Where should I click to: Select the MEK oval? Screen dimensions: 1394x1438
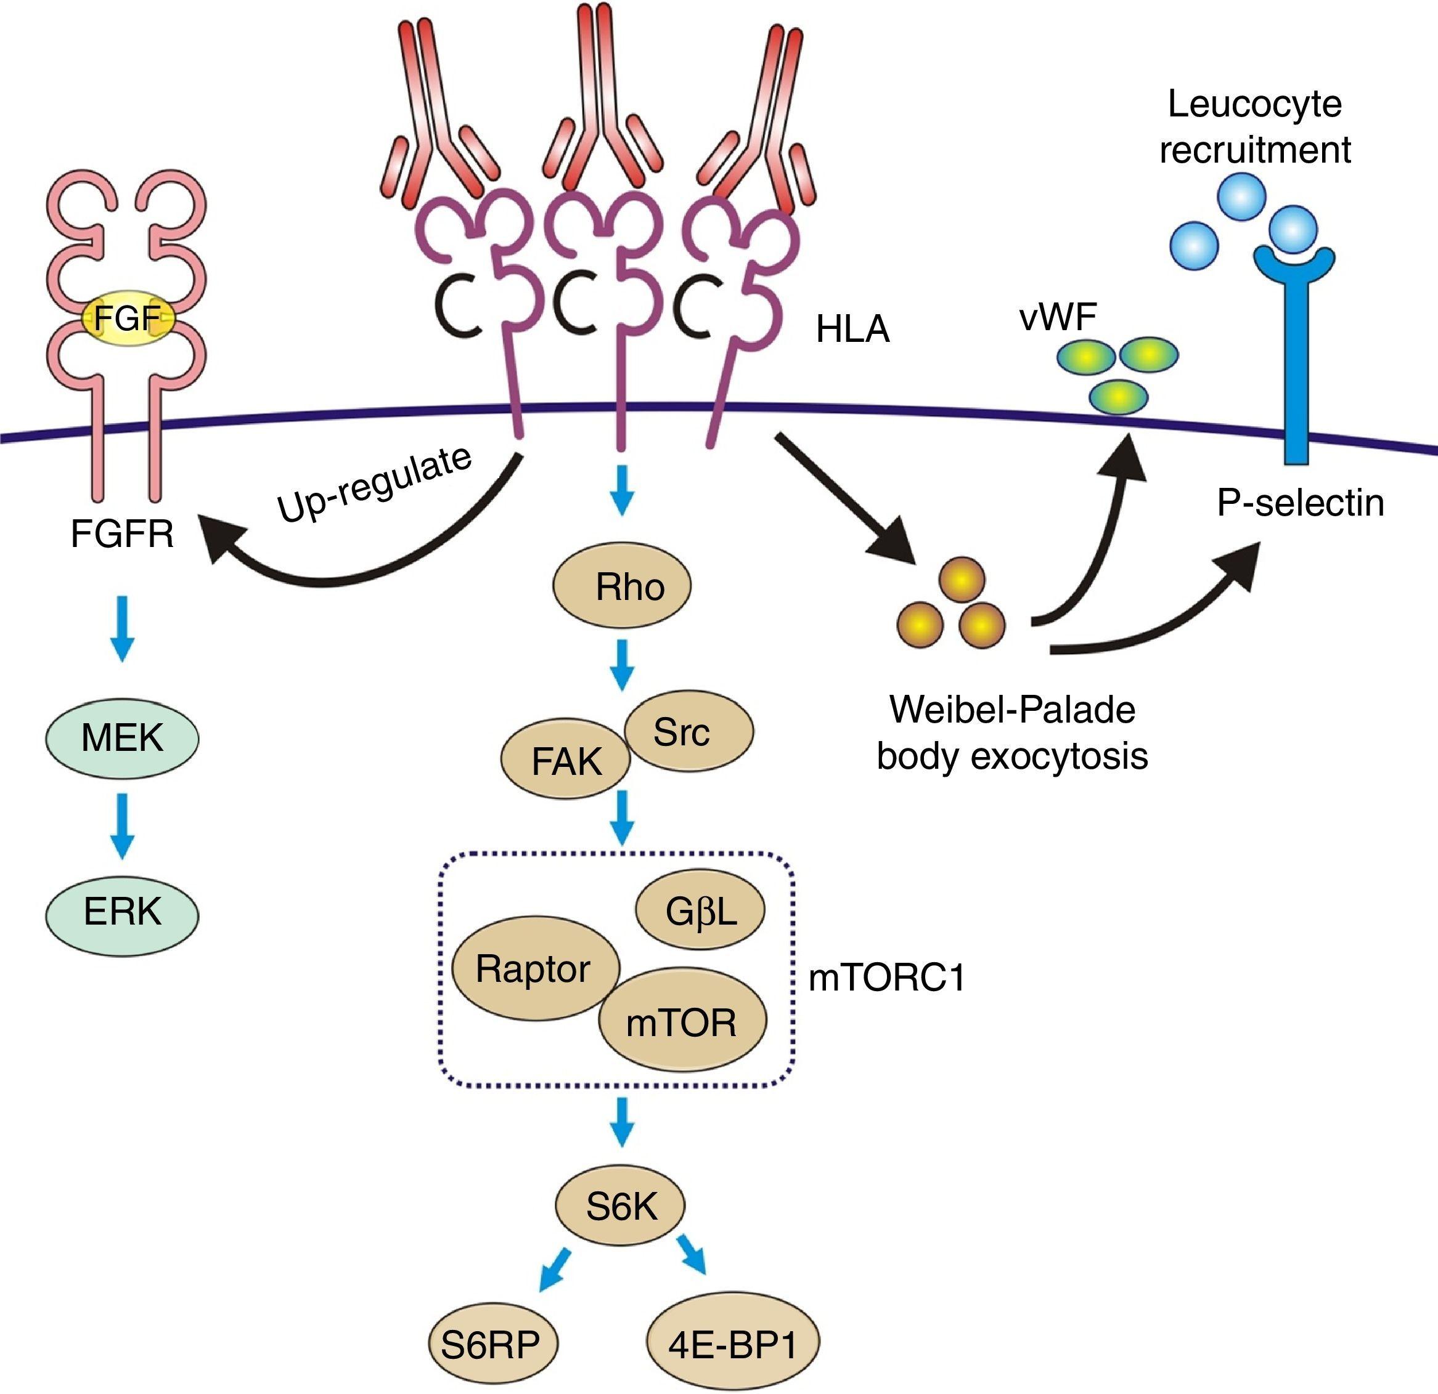point(123,737)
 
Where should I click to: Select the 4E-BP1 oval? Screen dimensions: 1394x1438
point(733,1343)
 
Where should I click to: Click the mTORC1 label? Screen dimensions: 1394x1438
point(887,978)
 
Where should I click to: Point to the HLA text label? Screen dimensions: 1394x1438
point(852,330)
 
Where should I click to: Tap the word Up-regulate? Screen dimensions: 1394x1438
point(375,484)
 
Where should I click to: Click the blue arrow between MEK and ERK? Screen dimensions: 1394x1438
point(123,825)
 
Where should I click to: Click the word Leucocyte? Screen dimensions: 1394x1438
point(1254,104)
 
